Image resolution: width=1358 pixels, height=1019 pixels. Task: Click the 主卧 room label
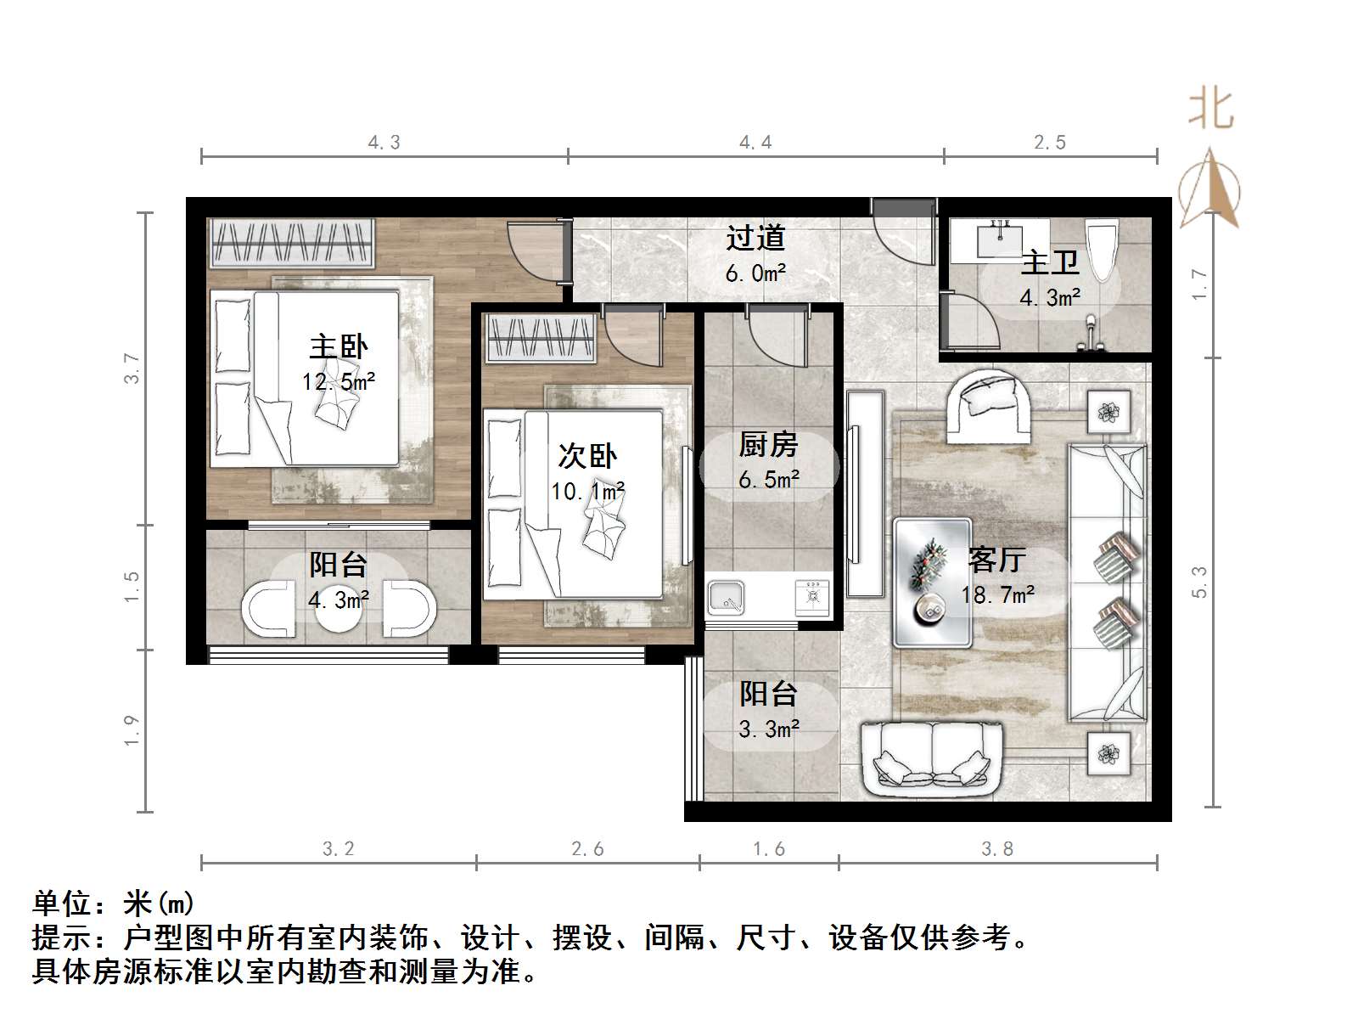(338, 346)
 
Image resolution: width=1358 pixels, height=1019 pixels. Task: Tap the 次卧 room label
(586, 456)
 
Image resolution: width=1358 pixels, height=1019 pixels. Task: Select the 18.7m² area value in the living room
(997, 594)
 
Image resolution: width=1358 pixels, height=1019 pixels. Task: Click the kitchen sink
(727, 598)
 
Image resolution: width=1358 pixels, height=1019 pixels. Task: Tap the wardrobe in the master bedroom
(291, 242)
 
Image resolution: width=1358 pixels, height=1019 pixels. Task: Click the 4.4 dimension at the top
(755, 143)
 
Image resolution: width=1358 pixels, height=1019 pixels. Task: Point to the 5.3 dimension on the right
(1198, 582)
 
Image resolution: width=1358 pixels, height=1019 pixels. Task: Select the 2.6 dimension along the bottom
(587, 849)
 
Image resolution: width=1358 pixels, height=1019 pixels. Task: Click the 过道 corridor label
(755, 239)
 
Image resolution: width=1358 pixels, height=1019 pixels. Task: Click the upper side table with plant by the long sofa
(1108, 413)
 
